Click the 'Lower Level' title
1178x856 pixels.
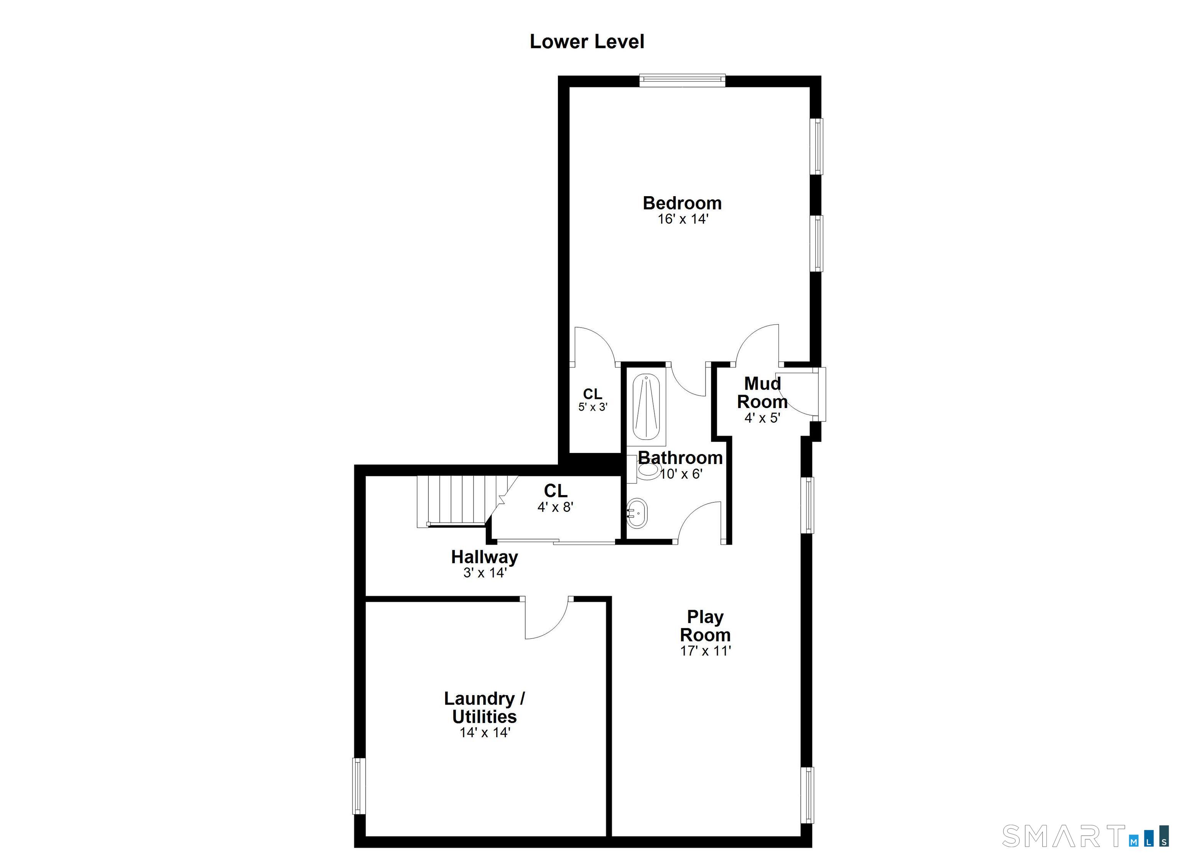coord(587,41)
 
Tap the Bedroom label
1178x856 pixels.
coord(682,203)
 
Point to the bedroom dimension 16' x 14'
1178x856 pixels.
coord(683,219)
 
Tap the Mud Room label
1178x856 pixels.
coord(762,392)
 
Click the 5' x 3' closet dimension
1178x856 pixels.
coord(592,407)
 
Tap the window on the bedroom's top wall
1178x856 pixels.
coord(682,80)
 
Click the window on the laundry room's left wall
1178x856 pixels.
coord(359,786)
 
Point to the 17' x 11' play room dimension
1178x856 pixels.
coord(705,651)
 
